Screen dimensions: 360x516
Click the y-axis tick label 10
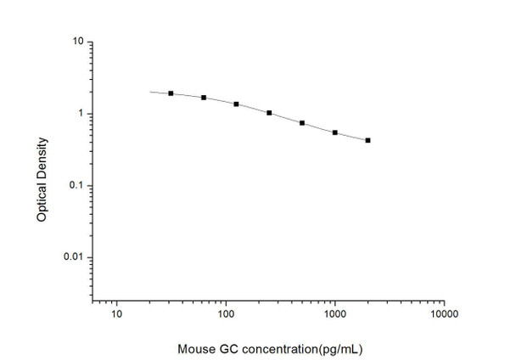pos(76,42)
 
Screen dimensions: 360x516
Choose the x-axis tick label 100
pos(226,316)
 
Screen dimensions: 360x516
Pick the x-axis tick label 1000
pos(335,316)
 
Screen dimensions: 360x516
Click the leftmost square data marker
pos(171,93)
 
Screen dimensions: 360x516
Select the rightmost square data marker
pos(367,140)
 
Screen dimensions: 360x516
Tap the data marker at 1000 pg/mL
pos(335,132)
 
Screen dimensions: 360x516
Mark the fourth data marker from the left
pos(269,113)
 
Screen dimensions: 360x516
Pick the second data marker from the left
pos(204,98)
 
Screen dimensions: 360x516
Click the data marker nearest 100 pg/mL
pos(236,104)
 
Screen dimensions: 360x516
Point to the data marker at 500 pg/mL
pos(302,123)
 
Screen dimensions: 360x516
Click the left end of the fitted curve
pos(150,92)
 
